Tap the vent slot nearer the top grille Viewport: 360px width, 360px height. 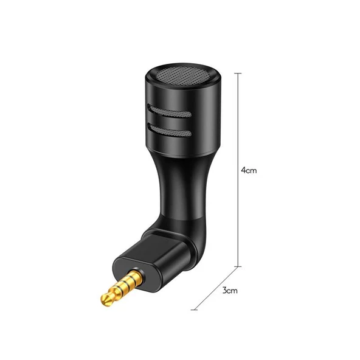coord(169,111)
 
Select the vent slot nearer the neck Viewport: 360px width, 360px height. coord(169,130)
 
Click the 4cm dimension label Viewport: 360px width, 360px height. coord(249,170)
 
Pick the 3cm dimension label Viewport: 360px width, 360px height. coord(230,291)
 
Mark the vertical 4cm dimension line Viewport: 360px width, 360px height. coord(238,170)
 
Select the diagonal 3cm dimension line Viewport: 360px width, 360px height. coord(216,288)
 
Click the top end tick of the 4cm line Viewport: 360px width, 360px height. coord(238,73)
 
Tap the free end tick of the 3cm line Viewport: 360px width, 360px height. coord(194,310)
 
